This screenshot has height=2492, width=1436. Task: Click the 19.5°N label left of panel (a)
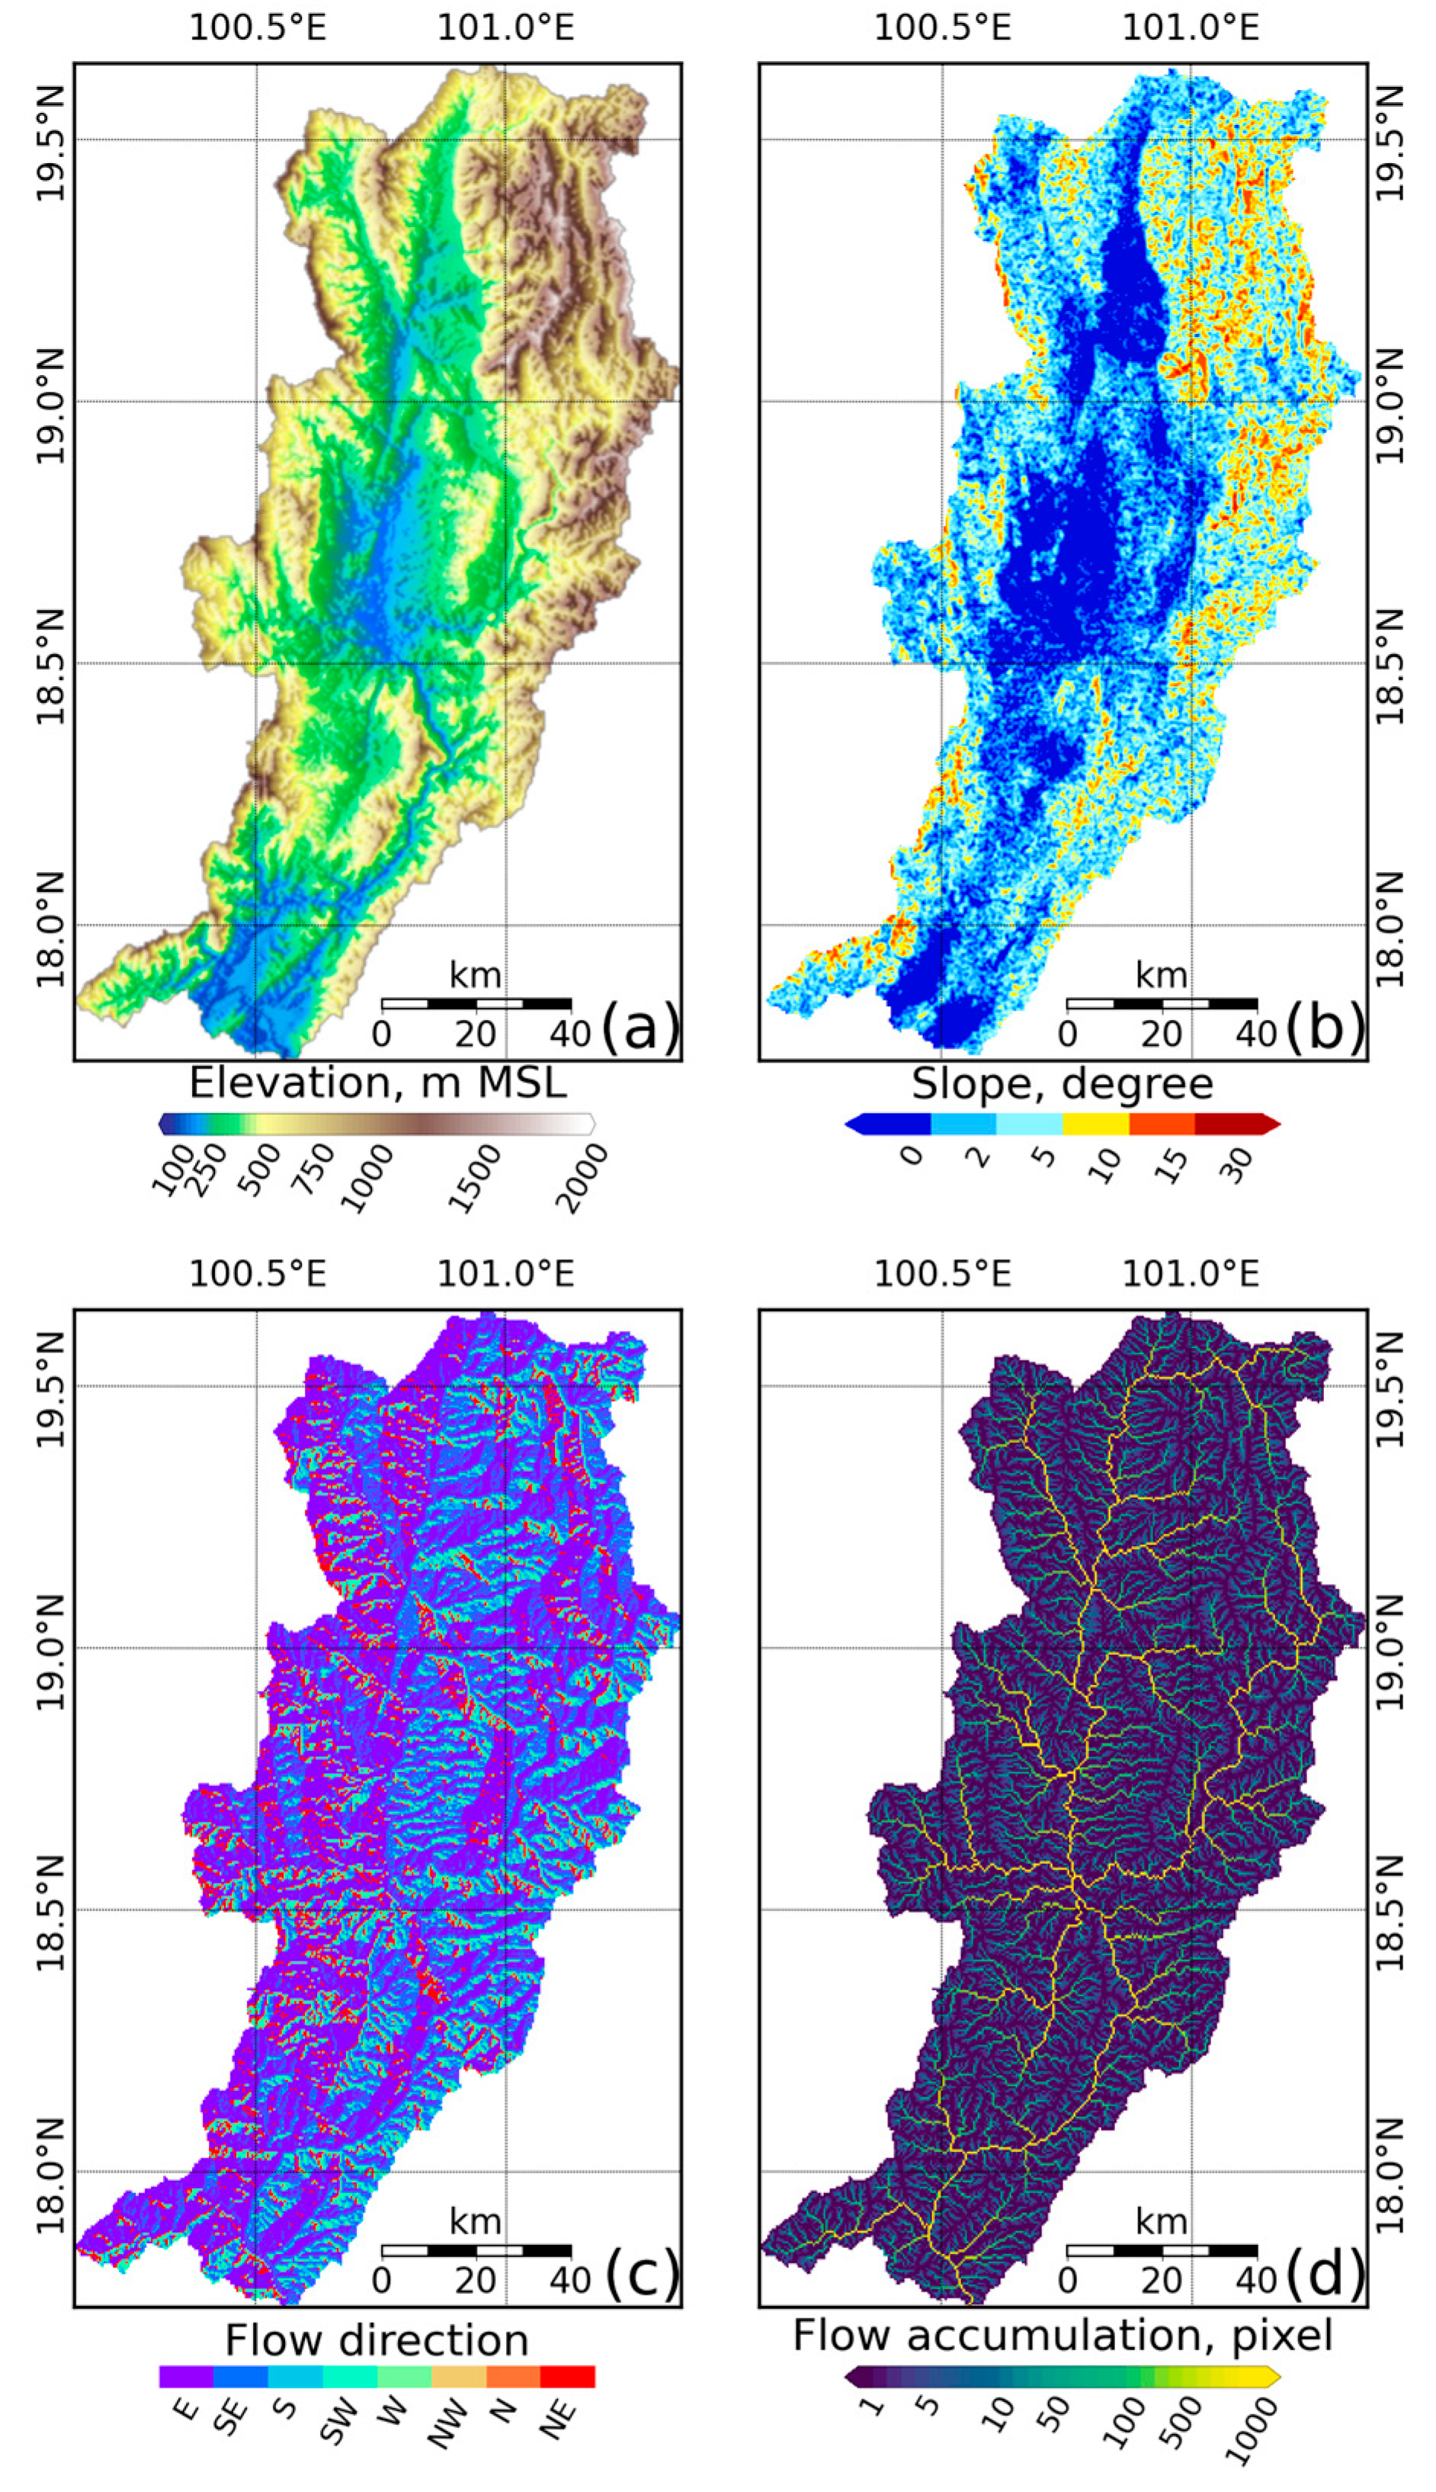tap(50, 142)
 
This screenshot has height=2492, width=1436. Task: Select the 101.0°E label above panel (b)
tap(1191, 27)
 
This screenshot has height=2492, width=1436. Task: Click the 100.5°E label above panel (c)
tap(258, 1274)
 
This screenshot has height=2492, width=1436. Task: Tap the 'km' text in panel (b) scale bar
tap(1161, 975)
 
